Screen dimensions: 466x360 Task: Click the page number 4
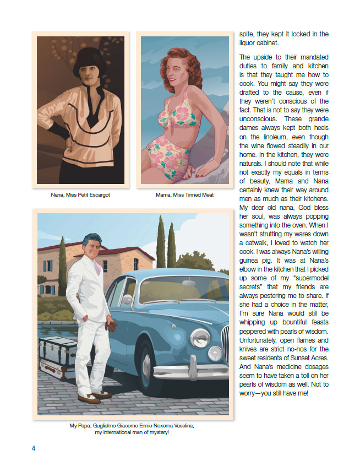34,447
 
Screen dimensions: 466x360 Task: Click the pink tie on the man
97,266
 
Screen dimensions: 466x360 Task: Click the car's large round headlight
215,352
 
